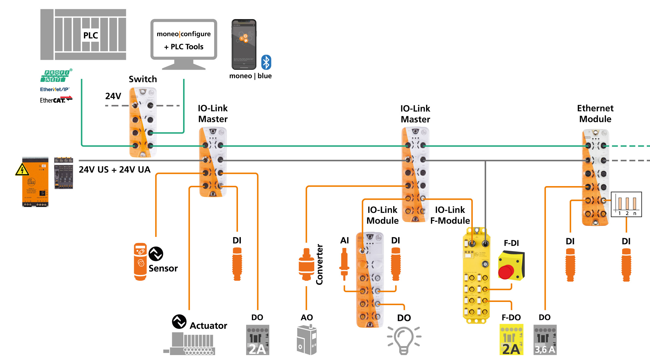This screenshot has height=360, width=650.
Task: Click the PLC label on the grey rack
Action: coord(91,35)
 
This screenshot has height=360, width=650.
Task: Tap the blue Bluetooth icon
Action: coord(266,62)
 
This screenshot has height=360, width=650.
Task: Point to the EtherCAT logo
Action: coord(56,100)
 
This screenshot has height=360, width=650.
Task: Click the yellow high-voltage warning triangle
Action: coord(22,170)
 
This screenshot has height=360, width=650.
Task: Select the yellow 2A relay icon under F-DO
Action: coord(511,340)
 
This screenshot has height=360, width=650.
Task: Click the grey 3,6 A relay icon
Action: coord(545,340)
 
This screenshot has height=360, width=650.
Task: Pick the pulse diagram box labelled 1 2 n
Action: coord(626,204)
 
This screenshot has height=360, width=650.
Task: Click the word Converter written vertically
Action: coord(319,264)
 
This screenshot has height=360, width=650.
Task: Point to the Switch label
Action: coord(143,79)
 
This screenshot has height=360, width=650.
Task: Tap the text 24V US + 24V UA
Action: coord(115,170)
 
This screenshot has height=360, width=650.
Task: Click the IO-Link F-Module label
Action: coord(450,215)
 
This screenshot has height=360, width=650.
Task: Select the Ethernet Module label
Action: coord(595,114)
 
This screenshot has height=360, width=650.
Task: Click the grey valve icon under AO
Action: coord(307,340)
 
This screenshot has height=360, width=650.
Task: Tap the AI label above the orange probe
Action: coord(344,240)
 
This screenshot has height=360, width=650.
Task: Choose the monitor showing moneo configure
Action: coord(184,41)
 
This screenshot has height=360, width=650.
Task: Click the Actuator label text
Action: coord(208,326)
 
